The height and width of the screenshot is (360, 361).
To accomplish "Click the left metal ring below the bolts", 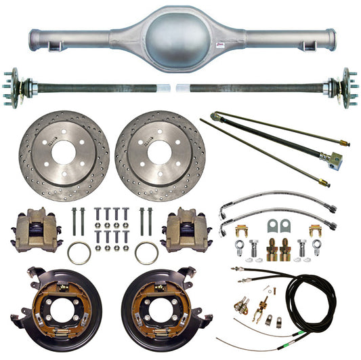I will (x=79, y=254).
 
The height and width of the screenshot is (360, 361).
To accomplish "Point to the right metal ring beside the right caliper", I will (x=146, y=254).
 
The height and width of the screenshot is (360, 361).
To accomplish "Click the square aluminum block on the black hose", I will (x=334, y=160).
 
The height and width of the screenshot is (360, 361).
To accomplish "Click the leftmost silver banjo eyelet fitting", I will (x=242, y=246).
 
